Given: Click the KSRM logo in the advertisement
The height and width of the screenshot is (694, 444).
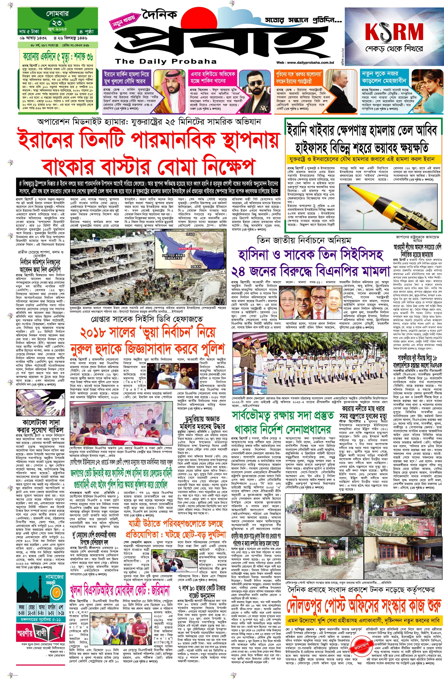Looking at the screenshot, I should coord(394,32).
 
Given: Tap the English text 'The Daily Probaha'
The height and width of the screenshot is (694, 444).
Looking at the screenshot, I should coord(165,61).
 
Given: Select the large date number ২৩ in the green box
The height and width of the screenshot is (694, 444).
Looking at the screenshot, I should coord(57,23).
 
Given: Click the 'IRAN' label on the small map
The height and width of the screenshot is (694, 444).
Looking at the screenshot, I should coord(190,234).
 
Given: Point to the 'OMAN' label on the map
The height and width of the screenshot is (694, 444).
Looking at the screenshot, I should coord(196,267).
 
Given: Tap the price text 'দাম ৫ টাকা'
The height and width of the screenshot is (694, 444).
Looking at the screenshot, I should coord(29,31).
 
